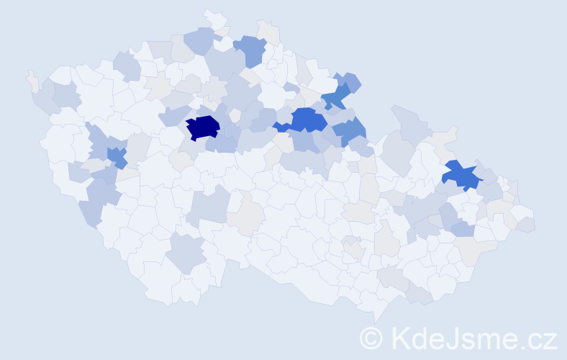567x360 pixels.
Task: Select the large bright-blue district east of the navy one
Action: pyautogui.click(x=308, y=119)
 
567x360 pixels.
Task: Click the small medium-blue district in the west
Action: pyautogui.click(x=116, y=155)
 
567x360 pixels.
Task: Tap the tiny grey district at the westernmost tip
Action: pyautogui.click(x=31, y=78)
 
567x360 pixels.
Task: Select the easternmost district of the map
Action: pyautogui.click(x=526, y=224)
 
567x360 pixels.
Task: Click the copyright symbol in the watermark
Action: pyautogui.click(x=371, y=338)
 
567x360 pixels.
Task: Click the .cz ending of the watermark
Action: pyautogui.click(x=539, y=338)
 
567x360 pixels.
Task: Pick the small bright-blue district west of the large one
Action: pyautogui.click(x=281, y=127)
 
